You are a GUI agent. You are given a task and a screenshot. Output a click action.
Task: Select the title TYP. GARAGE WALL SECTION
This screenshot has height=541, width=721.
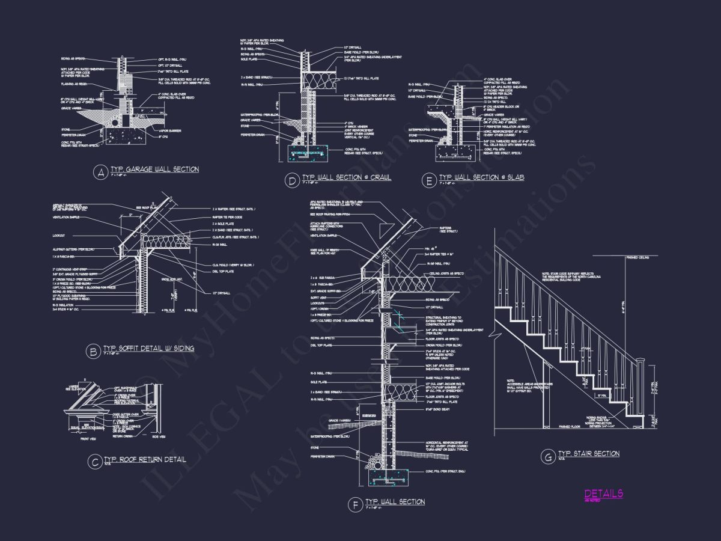coord(154,170)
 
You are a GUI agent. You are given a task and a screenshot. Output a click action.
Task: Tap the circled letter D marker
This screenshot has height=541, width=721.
coord(291,180)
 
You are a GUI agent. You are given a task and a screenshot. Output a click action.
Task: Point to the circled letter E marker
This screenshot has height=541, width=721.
coord(428,180)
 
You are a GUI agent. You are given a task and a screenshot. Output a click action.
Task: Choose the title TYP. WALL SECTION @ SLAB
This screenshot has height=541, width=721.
coord(481,177)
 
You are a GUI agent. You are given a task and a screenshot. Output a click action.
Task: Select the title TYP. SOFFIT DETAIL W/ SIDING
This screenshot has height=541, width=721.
coord(148,348)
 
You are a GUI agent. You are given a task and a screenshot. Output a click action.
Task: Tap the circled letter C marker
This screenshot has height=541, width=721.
coord(93,462)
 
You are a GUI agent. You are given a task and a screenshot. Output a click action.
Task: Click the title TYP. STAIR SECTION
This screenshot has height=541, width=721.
coord(588,453)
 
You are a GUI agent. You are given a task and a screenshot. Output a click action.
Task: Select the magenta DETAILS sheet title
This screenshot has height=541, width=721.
coord(604,494)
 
